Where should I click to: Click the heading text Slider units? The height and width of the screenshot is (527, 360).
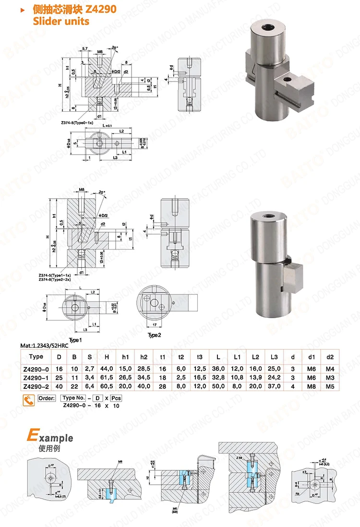60,21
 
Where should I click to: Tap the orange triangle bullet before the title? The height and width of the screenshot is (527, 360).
24,9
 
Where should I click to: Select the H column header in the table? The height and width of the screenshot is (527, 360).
106,357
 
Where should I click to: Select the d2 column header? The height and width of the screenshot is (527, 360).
330,357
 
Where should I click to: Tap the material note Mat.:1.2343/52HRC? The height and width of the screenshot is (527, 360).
48,345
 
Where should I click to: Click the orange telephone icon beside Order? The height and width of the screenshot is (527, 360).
28,399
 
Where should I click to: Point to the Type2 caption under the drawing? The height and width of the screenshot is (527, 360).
154,335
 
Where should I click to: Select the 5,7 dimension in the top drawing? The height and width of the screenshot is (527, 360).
85,49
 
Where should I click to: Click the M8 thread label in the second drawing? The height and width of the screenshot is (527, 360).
81,190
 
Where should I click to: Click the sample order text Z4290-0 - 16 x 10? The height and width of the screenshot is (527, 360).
91,406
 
